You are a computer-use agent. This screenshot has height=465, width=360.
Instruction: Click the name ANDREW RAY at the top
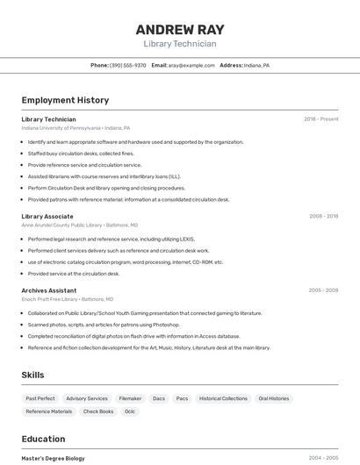point(180,29)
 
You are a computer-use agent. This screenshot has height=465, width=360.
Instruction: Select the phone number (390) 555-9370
point(128,65)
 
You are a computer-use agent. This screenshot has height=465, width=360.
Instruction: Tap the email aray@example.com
point(191,65)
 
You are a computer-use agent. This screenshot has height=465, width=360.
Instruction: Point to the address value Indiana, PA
point(256,65)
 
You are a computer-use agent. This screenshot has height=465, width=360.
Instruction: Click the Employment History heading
point(65,100)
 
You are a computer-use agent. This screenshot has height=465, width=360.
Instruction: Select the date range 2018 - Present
point(320,119)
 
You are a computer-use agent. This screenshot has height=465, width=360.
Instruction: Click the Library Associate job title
point(47,216)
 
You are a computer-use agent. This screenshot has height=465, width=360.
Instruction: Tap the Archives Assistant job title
point(49,290)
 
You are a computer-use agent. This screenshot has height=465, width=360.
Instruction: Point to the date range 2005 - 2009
point(323,290)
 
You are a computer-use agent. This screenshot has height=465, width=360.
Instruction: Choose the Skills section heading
point(33,375)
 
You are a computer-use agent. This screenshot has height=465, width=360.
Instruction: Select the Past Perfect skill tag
point(40,398)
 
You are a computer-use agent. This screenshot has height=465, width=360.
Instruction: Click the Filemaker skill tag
point(130,398)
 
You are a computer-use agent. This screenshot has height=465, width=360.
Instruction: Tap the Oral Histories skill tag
point(273,398)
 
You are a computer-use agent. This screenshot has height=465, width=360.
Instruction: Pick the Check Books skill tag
point(98,411)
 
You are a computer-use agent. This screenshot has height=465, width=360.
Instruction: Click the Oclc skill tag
point(130,411)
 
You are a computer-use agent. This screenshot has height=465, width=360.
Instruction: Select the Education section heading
point(43,439)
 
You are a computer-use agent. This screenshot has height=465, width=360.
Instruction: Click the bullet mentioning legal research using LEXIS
point(112,239)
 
